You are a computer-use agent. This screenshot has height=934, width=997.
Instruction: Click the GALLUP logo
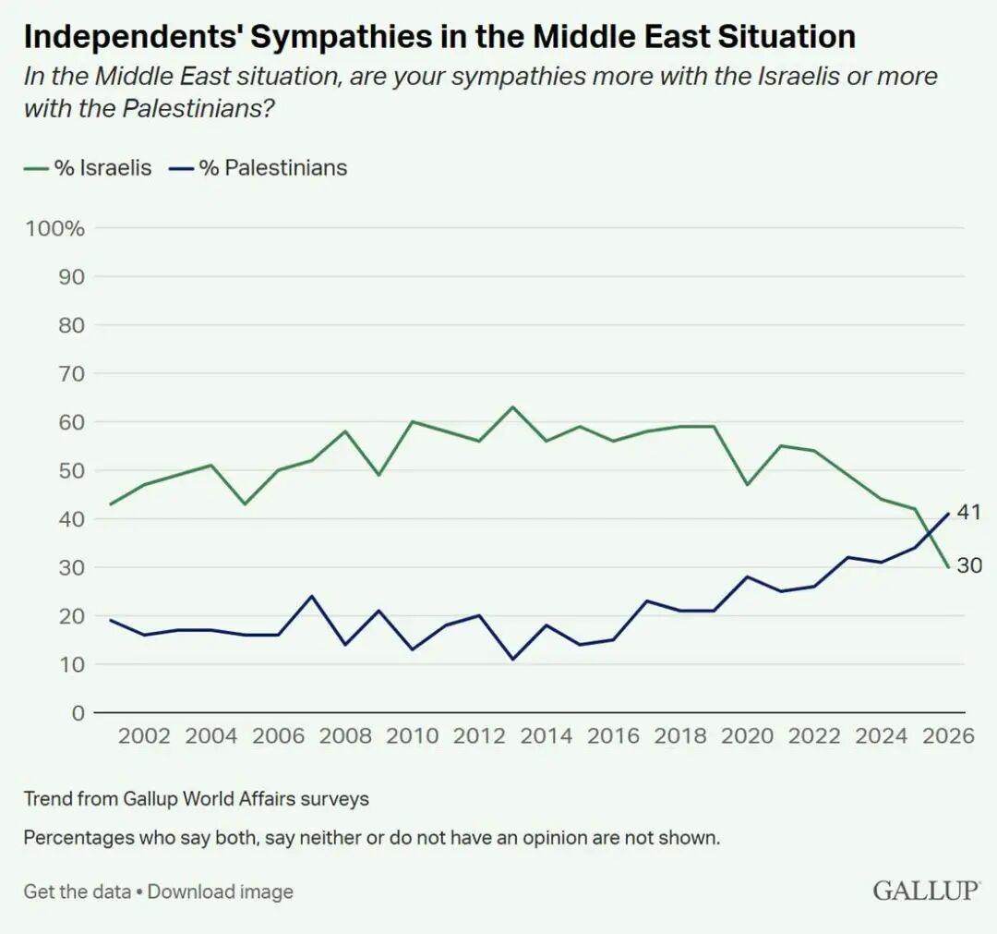926,891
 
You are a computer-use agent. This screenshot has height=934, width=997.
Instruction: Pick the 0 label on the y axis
78,712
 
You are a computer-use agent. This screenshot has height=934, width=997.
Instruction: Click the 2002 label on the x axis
144,735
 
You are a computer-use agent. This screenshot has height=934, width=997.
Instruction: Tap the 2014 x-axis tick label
547,735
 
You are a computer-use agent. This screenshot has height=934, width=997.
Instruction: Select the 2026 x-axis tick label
949,735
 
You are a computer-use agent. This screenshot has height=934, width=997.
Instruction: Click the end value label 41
968,513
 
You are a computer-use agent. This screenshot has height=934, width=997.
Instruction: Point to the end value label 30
968,566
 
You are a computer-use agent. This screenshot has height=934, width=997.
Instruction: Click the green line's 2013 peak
513,407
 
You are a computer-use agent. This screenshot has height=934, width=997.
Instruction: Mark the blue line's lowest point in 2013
513,659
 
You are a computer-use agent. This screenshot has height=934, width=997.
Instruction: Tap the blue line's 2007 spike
312,596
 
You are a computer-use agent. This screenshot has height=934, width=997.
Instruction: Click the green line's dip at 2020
748,485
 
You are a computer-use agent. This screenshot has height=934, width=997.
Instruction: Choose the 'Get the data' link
78,892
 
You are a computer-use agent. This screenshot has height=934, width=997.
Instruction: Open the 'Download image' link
221,892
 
